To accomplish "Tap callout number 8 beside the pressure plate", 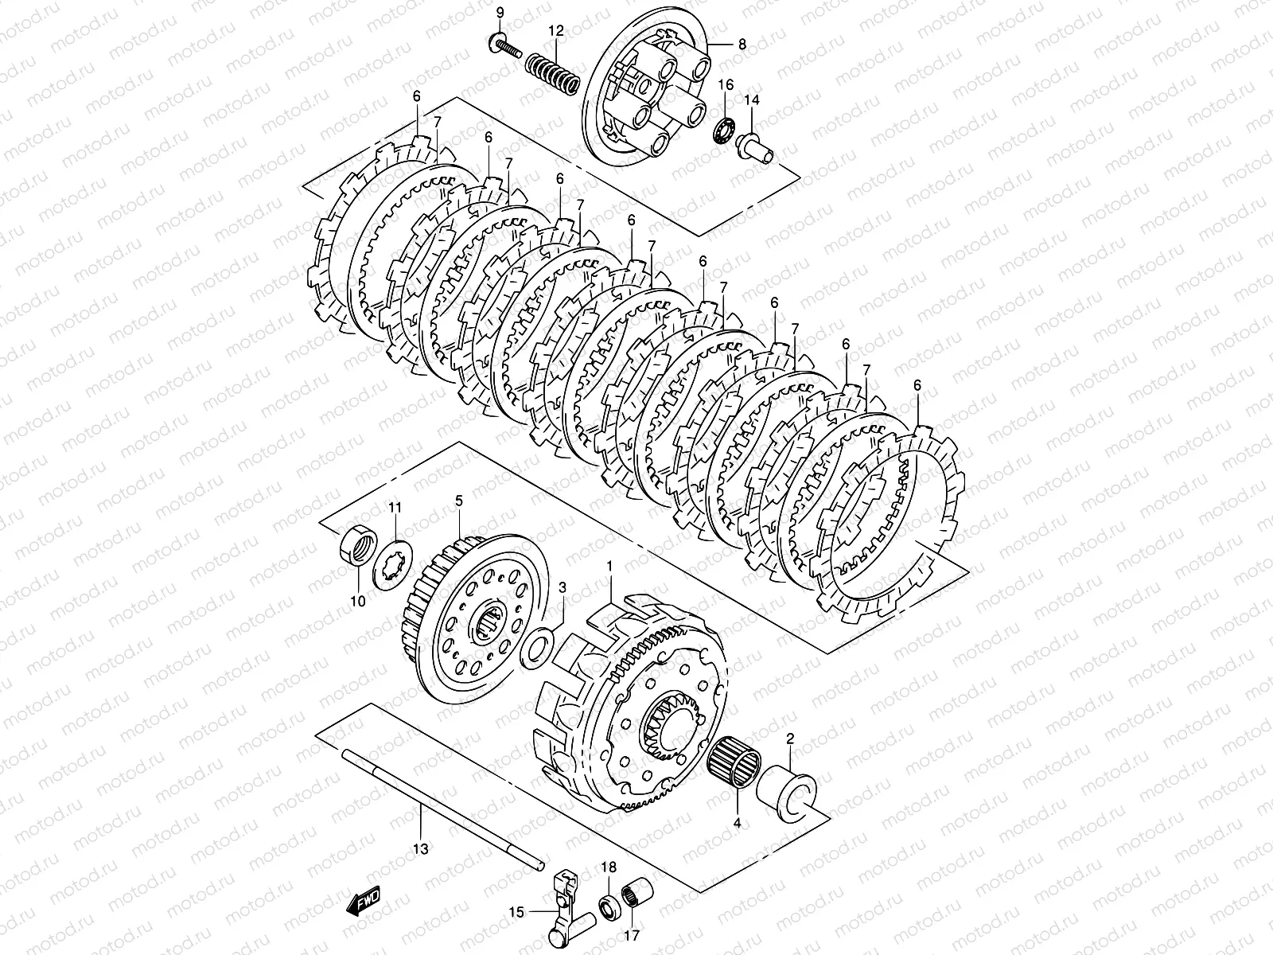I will click(x=742, y=45).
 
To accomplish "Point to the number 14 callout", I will click(x=752, y=99).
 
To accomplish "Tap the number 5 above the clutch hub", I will click(x=458, y=501).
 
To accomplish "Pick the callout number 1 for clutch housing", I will click(x=609, y=566).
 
